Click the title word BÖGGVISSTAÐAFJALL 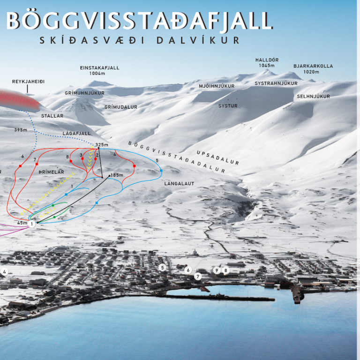click(139, 21)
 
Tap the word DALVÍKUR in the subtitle click(203, 40)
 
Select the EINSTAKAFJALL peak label click(100, 67)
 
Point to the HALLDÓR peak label click(267, 60)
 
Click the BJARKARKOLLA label click(313, 66)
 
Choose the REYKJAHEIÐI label click(28, 82)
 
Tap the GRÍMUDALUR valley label click(121, 107)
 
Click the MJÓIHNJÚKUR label click(217, 86)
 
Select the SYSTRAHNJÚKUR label click(276, 83)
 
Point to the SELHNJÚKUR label click(314, 97)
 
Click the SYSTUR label click(228, 106)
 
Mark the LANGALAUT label click(179, 184)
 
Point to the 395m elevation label click(21, 130)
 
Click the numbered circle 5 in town click(162, 268)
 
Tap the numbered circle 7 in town click(198, 277)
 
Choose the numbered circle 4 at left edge click(5, 272)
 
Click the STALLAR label click(52, 116)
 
